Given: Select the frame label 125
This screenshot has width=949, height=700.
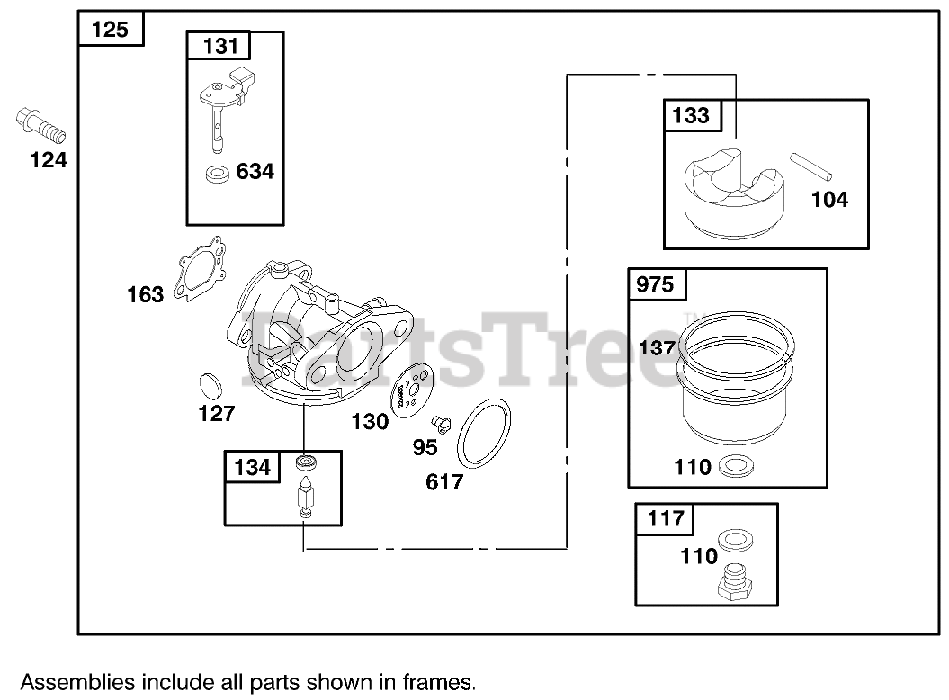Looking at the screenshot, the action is [110, 30].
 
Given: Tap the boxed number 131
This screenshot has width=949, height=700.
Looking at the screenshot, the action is [218, 46].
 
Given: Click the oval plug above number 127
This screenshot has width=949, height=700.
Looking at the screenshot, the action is [210, 385].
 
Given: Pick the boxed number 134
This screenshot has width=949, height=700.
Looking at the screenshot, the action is [252, 467].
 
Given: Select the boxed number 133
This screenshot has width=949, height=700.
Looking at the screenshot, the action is [690, 115].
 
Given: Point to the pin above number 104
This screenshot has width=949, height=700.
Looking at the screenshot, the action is [813, 169].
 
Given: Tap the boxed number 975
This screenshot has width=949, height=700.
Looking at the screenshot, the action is [655, 284].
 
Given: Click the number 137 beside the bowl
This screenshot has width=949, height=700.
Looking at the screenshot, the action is [657, 347].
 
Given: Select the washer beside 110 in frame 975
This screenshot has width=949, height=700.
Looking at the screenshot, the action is [737, 466].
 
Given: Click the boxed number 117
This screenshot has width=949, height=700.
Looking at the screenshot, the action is [666, 518].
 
